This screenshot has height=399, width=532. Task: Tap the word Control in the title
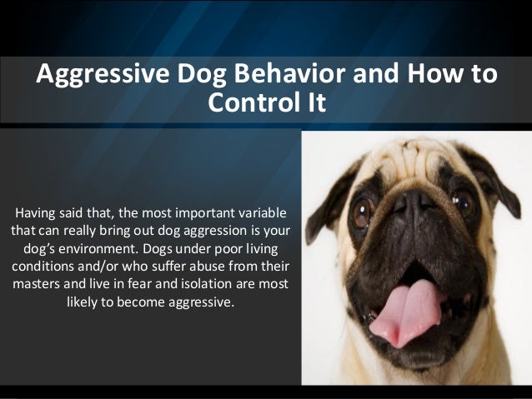coord(250,102)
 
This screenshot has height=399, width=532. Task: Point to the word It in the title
coord(317,102)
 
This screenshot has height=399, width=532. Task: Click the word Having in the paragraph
coord(35,214)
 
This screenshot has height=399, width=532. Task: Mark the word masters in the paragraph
coord(36,284)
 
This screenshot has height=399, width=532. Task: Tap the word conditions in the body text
coord(43,266)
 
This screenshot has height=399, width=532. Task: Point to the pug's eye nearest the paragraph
coord(363,212)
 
